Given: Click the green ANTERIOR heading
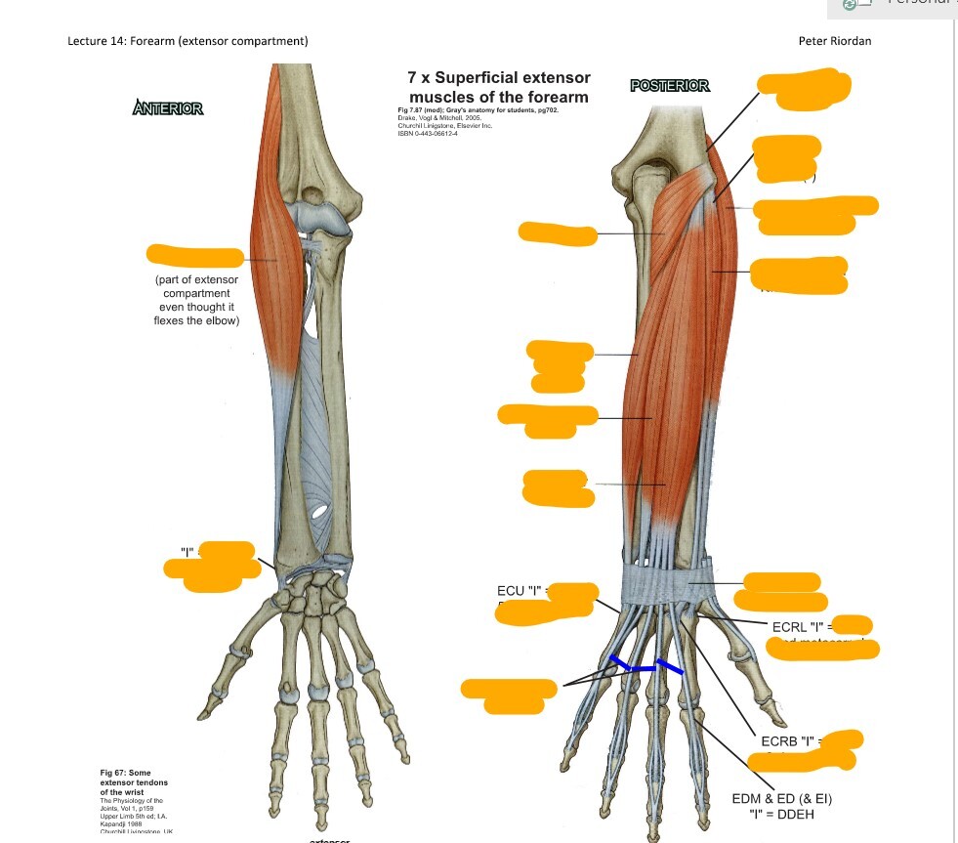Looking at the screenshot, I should point(168,108).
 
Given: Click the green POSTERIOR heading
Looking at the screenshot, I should point(670,86).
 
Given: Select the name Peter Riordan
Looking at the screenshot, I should point(834,41).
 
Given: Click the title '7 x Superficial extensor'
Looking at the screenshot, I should point(499,78).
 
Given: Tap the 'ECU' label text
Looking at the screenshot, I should point(512,591).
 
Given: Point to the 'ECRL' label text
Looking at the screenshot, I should point(791,626).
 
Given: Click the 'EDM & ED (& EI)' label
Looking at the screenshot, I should point(782,798).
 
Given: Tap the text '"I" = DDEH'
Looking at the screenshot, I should point(782,813).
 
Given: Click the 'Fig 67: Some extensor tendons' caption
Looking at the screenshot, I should point(134,780).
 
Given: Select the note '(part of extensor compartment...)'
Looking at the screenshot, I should point(195,300).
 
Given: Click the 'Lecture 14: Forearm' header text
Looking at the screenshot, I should point(187,41).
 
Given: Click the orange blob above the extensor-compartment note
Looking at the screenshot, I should point(194,257).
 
